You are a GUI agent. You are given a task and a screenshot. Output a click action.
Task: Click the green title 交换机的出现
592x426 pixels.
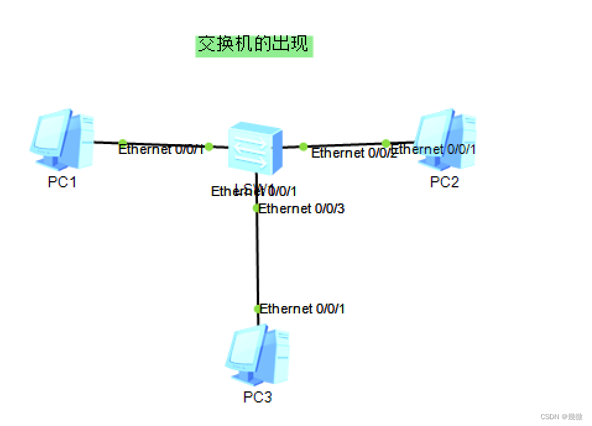click(x=254, y=45)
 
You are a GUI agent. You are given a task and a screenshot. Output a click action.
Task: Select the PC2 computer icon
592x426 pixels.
click(x=445, y=141)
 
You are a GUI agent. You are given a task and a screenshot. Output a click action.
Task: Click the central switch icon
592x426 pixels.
click(x=255, y=148)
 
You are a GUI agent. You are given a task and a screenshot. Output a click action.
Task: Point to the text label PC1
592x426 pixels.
click(x=62, y=182)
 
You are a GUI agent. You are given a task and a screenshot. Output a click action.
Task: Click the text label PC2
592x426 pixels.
click(x=444, y=182)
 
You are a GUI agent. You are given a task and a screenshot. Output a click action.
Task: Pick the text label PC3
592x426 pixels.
click(x=257, y=397)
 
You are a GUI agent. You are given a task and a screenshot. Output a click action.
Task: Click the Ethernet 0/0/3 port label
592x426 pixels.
click(x=301, y=209)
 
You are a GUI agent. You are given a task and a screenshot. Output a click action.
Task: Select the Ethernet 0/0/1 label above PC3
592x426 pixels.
click(x=302, y=309)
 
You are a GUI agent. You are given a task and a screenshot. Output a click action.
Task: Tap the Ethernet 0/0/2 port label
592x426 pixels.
click(x=353, y=153)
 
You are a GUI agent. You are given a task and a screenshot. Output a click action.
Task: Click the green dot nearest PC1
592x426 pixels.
click(x=122, y=143)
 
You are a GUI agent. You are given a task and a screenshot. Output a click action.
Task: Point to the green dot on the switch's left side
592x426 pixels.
click(x=209, y=147)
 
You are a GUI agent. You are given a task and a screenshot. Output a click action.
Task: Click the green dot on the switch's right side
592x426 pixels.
click(x=303, y=147)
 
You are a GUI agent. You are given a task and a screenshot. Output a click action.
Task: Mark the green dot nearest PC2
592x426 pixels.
click(x=386, y=143)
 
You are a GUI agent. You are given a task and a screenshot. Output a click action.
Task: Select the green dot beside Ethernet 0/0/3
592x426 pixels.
click(x=256, y=208)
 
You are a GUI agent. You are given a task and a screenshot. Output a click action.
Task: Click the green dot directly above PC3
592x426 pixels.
click(x=257, y=309)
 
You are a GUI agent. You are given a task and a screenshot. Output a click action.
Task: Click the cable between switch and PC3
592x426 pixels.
click(x=257, y=260)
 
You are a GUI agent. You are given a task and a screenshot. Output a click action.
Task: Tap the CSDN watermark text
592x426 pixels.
click(x=562, y=417)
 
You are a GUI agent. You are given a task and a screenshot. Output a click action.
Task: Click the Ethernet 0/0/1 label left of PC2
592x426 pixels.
click(x=434, y=149)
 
